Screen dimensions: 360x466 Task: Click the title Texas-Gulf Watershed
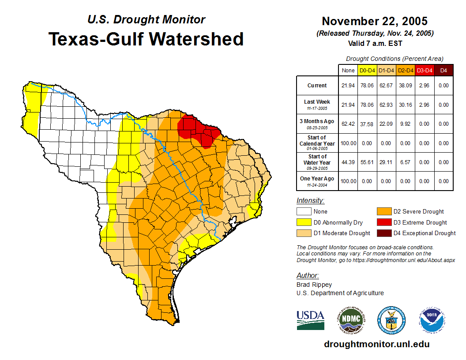[x=146, y=39]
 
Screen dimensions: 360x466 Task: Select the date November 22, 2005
[x=375, y=21]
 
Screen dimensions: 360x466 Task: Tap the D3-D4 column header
[x=425, y=70]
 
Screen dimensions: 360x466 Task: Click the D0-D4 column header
[x=367, y=70]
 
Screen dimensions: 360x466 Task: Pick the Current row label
[x=317, y=86]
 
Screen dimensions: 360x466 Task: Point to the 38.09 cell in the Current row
[x=406, y=86]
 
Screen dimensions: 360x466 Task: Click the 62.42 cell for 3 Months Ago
[x=348, y=124]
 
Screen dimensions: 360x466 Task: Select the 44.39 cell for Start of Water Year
[x=348, y=162]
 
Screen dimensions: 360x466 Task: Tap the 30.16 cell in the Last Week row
[x=406, y=105]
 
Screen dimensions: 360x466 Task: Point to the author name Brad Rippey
[x=314, y=285]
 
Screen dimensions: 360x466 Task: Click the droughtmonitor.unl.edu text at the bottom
[x=376, y=344]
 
